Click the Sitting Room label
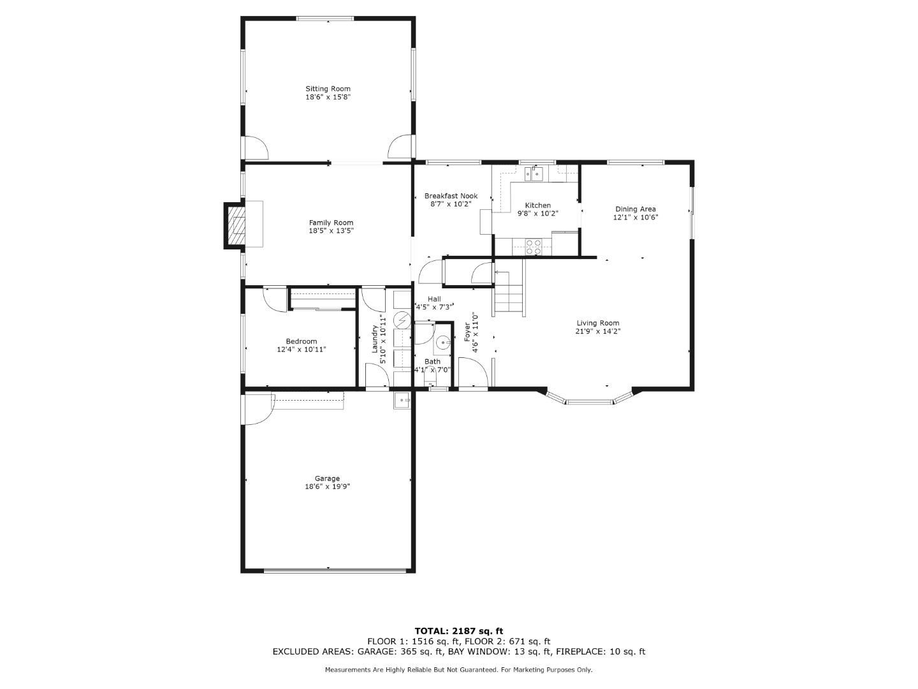coord(328,89)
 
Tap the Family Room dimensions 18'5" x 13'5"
coord(331,231)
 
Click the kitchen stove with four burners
coord(533,246)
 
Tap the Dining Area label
coord(635,209)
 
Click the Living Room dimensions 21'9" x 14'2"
coord(597,331)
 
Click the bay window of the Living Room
coord(589,400)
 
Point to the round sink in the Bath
coord(443,343)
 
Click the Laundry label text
coord(375,339)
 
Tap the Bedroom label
coord(302,341)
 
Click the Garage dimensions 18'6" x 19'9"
coord(327,487)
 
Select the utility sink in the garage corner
coord(402,401)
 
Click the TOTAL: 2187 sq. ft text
coord(458,631)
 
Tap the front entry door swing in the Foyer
coord(472,372)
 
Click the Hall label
coord(434,299)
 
